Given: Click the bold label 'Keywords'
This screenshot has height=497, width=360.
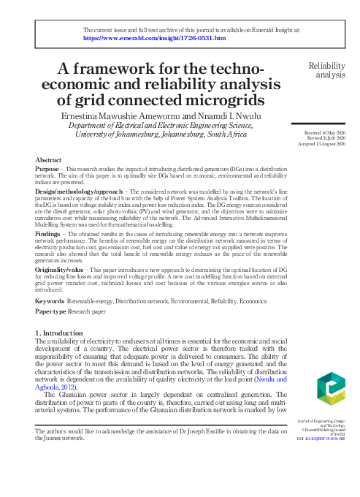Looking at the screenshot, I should (x=50, y=322).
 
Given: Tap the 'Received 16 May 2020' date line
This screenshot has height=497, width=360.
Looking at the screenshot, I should (x=325, y=132).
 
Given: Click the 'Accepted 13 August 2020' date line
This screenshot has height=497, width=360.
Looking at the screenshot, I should (x=323, y=143).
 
